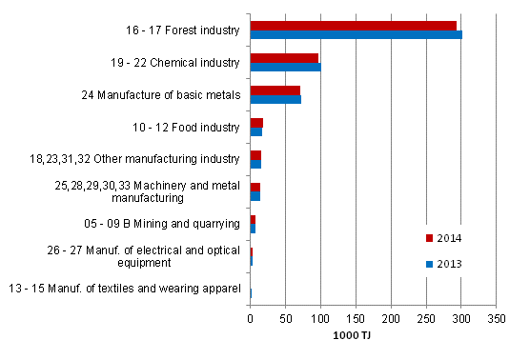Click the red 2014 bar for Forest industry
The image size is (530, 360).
click(353, 25)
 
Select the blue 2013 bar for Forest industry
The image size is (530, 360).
click(356, 35)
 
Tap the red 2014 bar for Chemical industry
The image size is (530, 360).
click(284, 58)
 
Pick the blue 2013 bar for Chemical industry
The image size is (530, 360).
click(285, 68)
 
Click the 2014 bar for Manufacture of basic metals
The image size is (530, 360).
click(275, 90)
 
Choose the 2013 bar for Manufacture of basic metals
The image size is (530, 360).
click(275, 100)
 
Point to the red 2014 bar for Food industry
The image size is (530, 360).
click(256, 123)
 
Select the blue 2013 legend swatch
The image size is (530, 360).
click(429, 264)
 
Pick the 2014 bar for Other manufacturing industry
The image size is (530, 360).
click(255, 155)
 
